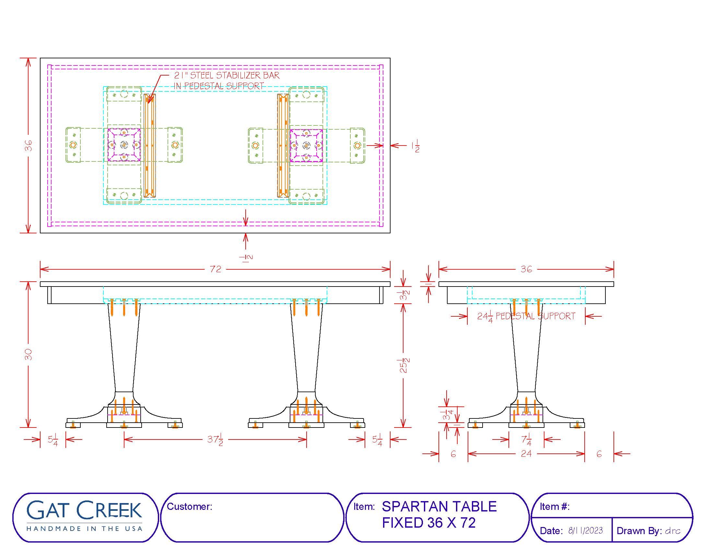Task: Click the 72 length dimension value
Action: [216, 269]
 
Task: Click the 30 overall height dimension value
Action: [29, 354]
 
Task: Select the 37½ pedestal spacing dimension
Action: [215, 440]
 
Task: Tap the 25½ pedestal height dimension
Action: [404, 366]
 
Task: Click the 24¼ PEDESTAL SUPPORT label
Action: [526, 316]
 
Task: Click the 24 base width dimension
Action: [526, 453]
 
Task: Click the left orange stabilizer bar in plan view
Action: [150, 146]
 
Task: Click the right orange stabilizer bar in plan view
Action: [283, 146]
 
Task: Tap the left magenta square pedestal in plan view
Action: [124, 145]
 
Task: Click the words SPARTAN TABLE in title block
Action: [439, 507]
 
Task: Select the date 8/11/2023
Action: [585, 531]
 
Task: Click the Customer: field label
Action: [189, 506]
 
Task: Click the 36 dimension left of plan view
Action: [29, 146]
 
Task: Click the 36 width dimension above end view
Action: [526, 269]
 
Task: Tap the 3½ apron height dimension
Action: [404, 295]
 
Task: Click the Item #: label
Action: [554, 506]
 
